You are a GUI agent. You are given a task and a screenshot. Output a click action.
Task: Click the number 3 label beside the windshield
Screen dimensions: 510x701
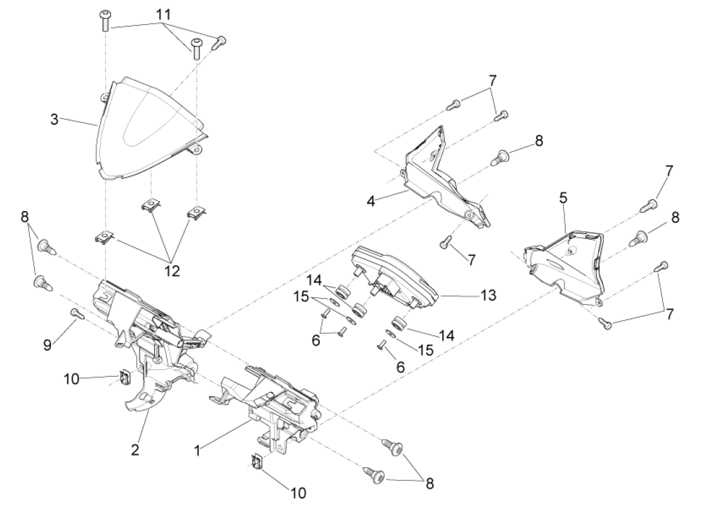click(55, 119)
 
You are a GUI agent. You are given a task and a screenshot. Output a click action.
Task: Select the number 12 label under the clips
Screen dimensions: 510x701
click(171, 270)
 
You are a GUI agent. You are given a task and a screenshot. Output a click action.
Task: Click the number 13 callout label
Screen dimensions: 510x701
click(488, 295)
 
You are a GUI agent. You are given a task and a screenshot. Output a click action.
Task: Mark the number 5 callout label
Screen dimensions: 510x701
click(563, 198)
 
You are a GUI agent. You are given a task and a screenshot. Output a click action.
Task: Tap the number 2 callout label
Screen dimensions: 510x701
click(135, 449)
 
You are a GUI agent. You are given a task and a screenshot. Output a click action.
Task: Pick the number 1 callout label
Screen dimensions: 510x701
click(198, 449)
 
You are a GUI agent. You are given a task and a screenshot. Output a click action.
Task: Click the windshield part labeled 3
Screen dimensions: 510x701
click(147, 127)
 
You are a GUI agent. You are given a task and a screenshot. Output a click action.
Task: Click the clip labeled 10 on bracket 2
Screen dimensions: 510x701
click(126, 379)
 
